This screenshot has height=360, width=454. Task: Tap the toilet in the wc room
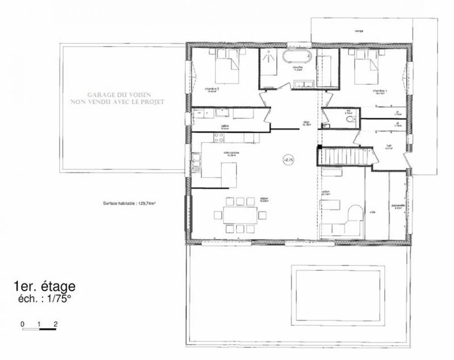(351, 120)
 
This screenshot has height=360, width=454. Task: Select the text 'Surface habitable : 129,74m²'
(129, 203)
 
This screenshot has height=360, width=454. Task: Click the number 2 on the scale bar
(56, 323)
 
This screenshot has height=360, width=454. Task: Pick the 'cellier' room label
(225, 127)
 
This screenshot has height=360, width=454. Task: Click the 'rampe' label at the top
(358, 31)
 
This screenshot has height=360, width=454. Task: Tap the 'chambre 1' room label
(380, 90)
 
